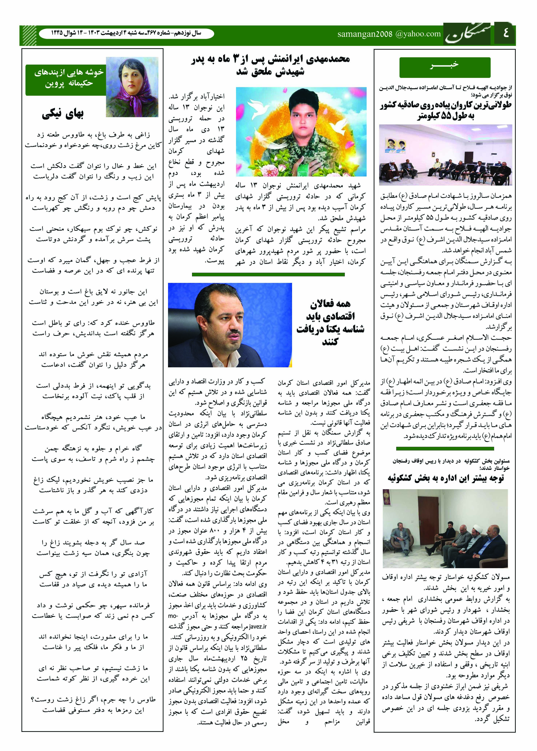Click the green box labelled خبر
[x=445, y=67]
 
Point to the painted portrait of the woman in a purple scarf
[x=132, y=87]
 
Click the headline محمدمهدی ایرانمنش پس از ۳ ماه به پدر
[x=270, y=59]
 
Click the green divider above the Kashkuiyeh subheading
[x=445, y=449]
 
